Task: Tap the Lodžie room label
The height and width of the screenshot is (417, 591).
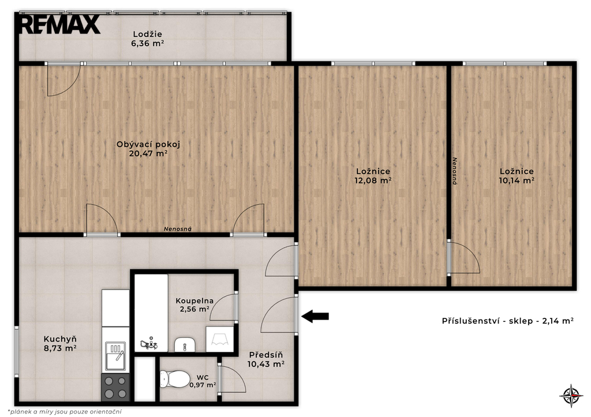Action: (147, 34)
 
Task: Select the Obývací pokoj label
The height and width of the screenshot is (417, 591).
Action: (148, 144)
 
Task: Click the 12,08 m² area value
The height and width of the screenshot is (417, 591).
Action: (373, 181)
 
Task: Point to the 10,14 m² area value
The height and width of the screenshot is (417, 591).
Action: (517, 181)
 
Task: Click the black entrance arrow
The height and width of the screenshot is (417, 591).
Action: (315, 317)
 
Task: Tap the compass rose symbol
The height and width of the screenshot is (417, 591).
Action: (571, 396)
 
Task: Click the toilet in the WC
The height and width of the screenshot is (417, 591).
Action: (174, 378)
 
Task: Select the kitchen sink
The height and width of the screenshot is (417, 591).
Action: (115, 356)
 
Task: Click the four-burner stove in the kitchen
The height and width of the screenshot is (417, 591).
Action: (115, 387)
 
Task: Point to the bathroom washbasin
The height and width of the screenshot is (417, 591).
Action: (184, 344)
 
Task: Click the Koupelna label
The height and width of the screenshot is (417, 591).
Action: (194, 301)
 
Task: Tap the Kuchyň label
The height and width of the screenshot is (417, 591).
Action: (60, 339)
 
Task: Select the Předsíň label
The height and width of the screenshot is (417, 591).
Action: (265, 355)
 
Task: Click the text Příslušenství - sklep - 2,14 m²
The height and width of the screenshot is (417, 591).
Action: (508, 321)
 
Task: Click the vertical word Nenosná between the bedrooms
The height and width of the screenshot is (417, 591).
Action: (455, 171)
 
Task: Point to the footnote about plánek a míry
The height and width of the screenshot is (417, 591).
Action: (65, 412)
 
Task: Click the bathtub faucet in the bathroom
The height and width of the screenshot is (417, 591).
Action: (149, 344)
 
